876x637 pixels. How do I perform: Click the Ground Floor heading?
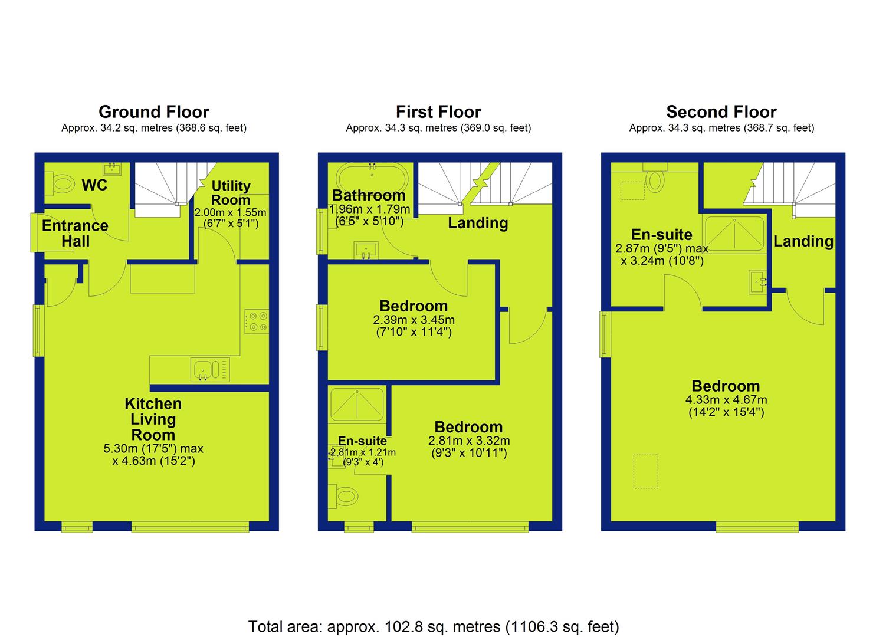154,112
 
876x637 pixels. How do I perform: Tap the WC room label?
94,185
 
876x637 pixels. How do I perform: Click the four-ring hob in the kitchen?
257,321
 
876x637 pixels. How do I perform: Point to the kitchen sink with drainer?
211,370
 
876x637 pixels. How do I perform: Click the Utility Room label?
231,193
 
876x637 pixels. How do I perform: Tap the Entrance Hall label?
75,234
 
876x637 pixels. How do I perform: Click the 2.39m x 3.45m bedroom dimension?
414,320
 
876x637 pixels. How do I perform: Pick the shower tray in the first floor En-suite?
357,405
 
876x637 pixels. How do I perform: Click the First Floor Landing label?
478,224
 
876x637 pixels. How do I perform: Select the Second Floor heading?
721,112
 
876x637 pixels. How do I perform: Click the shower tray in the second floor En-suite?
734,234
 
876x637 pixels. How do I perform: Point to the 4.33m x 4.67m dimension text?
726,400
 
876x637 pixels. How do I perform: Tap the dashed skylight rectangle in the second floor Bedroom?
646,471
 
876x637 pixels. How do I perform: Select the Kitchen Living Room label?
153,419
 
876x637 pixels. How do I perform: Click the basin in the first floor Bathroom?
366,250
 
